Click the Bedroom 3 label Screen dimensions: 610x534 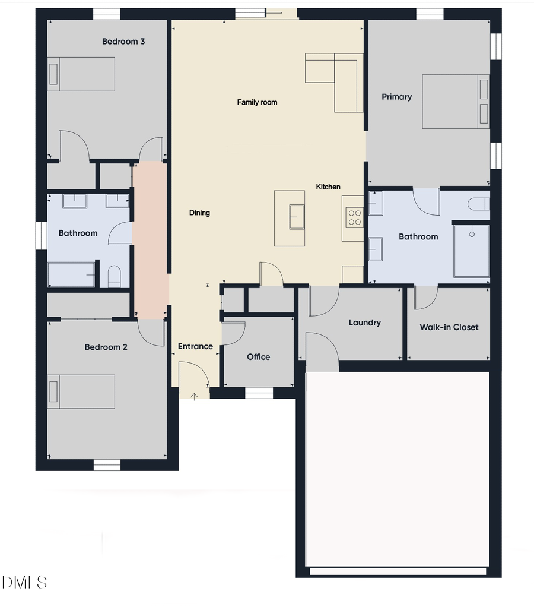pos(123,42)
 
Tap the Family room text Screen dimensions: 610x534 pos(257,102)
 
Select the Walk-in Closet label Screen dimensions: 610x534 pos(449,327)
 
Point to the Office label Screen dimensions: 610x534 pos(258,357)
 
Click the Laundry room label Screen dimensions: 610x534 pos(364,323)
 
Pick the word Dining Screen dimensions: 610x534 pos(199,213)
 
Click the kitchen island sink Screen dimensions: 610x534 pos(296,216)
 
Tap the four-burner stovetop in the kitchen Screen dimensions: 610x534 pos(355,217)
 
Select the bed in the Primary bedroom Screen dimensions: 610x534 pos(455,102)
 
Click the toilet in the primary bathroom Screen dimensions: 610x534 pos(478,204)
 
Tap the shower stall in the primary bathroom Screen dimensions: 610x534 pos(472,251)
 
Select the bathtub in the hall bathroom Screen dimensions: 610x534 pos(71,275)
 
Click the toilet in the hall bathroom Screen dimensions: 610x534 pos(115,277)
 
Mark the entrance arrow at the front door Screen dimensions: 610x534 pos(195,397)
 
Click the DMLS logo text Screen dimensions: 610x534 pos(24,582)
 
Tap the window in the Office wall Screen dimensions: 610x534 pos(259,393)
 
